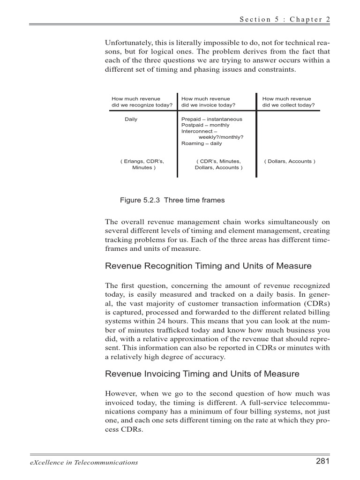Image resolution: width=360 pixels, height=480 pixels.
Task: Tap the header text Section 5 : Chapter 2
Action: click(x=285, y=19)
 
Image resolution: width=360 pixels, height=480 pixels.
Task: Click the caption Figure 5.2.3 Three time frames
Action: click(x=172, y=200)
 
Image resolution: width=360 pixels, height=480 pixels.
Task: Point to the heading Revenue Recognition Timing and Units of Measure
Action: click(x=208, y=266)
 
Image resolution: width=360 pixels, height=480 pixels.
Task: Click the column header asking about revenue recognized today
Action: click(x=142, y=102)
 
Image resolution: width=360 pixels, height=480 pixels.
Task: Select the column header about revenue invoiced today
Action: click(x=208, y=102)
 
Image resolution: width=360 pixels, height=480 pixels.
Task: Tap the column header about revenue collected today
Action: click(x=288, y=102)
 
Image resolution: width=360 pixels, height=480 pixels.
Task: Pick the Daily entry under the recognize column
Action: click(x=131, y=120)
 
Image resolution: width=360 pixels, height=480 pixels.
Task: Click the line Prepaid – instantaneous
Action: click(x=211, y=120)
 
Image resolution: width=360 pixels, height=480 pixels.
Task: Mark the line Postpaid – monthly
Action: click(x=205, y=126)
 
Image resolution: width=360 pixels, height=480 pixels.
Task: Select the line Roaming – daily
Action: click(x=202, y=143)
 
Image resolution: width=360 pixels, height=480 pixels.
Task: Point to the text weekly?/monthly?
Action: click(x=221, y=137)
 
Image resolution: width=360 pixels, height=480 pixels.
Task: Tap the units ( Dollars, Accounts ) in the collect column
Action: click(x=290, y=161)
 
